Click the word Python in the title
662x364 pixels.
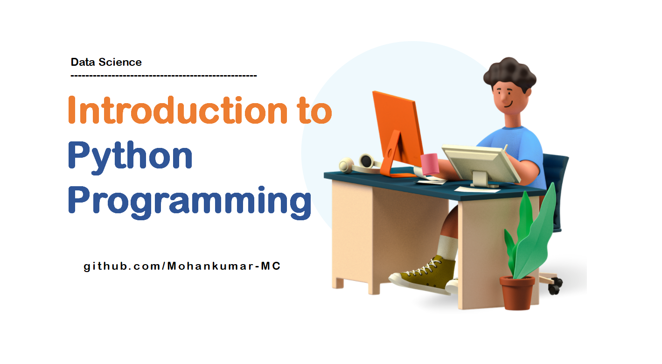point(130,157)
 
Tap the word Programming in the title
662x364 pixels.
point(189,201)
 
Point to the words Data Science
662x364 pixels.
point(106,62)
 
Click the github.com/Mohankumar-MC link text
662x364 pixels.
point(182,266)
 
